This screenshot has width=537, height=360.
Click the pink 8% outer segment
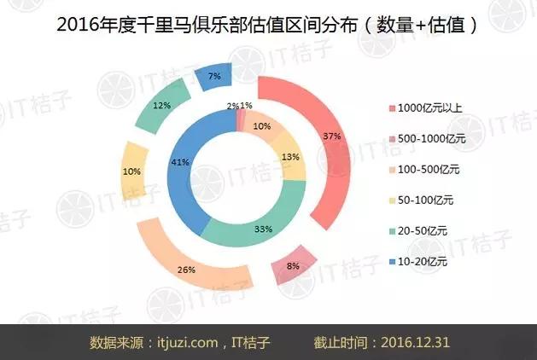pos(293,265)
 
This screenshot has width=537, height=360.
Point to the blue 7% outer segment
pos(213,77)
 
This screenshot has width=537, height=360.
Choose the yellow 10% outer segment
pos(133,171)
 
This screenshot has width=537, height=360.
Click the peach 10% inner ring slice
pos(262,126)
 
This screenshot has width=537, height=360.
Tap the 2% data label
pos(232,106)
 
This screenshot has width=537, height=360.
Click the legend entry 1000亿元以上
pos(426,108)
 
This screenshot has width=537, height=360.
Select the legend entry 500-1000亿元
pos(428,139)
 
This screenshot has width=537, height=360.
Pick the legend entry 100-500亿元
pos(424,170)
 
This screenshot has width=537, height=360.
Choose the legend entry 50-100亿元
pos(421,200)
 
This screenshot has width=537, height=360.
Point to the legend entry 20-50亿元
pos(418,231)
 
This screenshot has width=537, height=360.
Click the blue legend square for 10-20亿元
pos(393,262)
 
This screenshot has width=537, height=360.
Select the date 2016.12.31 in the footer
pos(415,342)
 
